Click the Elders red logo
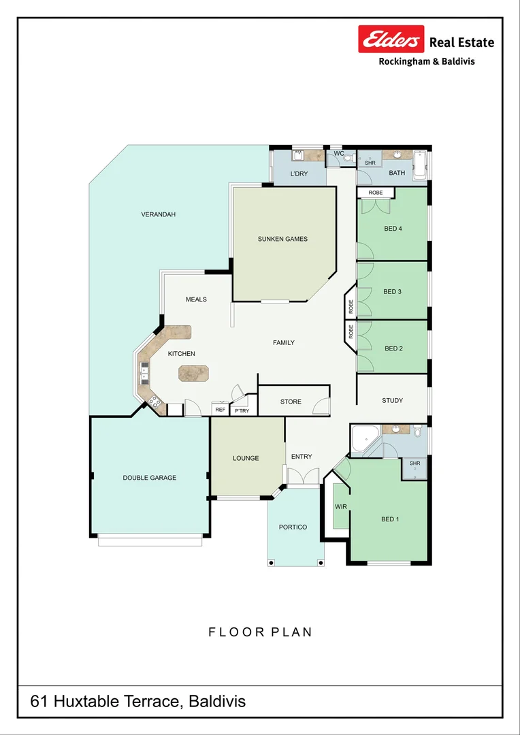391,39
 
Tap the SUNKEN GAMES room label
282,239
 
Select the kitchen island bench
194,373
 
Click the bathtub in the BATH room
419,165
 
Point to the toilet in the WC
348,159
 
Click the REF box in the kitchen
221,409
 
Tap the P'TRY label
242,411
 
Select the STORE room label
291,402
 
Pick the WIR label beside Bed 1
340,507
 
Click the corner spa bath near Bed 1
366,440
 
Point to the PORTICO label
293,527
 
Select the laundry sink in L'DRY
298,155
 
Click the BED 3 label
393,291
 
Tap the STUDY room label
393,400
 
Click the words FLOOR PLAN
260,632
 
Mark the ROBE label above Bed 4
375,193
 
